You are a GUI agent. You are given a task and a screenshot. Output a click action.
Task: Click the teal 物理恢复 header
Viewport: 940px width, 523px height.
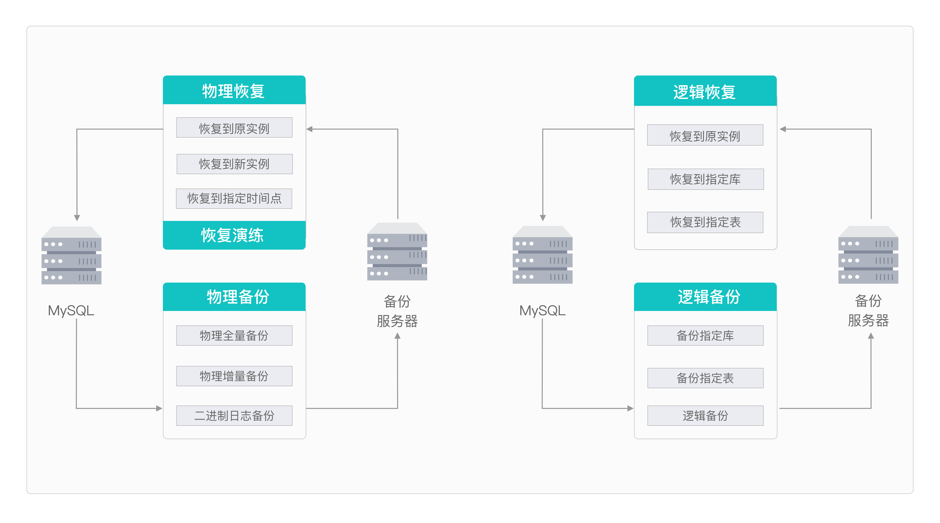tap(234, 90)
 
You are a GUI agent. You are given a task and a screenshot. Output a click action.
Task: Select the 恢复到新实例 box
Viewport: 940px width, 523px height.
tap(234, 164)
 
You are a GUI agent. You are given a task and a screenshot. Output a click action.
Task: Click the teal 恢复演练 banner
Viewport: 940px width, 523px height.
tap(234, 235)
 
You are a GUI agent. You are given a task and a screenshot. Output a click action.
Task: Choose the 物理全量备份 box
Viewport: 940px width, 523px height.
tap(234, 335)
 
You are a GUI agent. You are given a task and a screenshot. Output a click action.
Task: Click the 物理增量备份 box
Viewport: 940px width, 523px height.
tap(234, 376)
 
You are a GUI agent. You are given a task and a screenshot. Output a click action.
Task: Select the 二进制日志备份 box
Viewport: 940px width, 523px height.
tap(234, 415)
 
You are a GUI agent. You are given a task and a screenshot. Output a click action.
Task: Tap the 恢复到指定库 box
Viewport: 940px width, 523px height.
tap(705, 179)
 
